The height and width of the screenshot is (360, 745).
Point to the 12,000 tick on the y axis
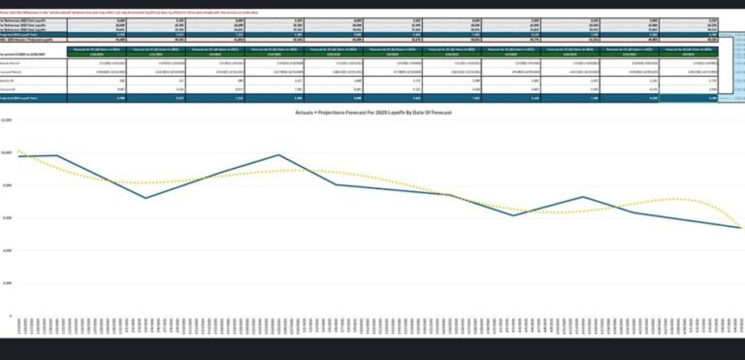click(7, 119)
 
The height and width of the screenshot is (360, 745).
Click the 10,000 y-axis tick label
click(7, 152)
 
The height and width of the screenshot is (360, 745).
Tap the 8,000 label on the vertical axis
click(7, 185)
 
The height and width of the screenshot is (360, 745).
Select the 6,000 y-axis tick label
click(7, 218)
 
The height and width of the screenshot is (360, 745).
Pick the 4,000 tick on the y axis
click(7, 250)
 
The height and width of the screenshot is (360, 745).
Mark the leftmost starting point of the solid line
click(18, 155)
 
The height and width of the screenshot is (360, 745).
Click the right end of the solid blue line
click(741, 228)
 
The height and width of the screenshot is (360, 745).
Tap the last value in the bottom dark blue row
click(713, 99)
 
